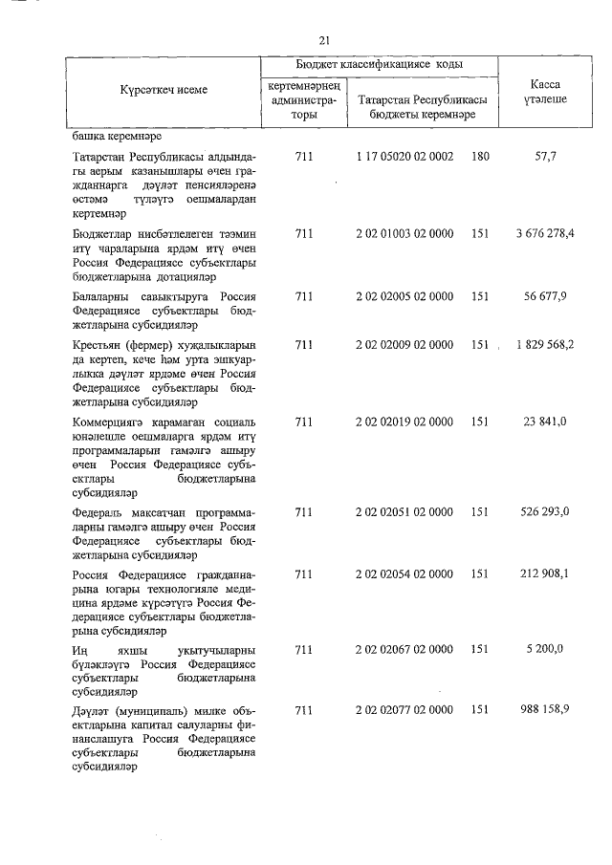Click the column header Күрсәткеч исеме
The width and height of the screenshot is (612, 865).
click(164, 89)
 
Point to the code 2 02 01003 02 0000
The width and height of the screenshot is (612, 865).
click(404, 233)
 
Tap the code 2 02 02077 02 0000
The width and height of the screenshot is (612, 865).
click(404, 711)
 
